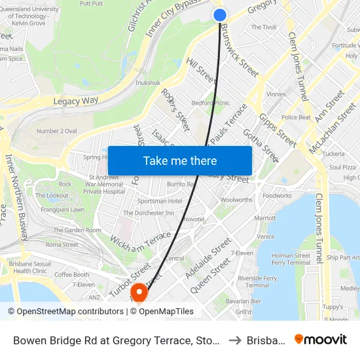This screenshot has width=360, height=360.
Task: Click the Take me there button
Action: [x=180, y=160]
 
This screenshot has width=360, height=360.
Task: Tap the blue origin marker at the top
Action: [x=220, y=15]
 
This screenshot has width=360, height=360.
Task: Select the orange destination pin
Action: [x=139, y=291]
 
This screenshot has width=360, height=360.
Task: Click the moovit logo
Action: [x=320, y=339]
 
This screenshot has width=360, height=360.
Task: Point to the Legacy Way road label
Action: [x=75, y=101]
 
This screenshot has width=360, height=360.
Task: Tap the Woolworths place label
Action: [x=236, y=200]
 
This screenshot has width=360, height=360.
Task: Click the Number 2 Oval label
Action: [x=57, y=131]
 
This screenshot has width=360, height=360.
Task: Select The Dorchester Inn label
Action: [x=149, y=213]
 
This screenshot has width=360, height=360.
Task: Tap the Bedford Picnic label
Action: [x=210, y=103]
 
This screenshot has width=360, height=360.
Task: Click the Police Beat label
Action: [x=295, y=117]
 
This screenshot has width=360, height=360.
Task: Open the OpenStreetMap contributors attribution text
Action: [x=66, y=312]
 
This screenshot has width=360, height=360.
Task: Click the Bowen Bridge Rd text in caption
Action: [x=49, y=340]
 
